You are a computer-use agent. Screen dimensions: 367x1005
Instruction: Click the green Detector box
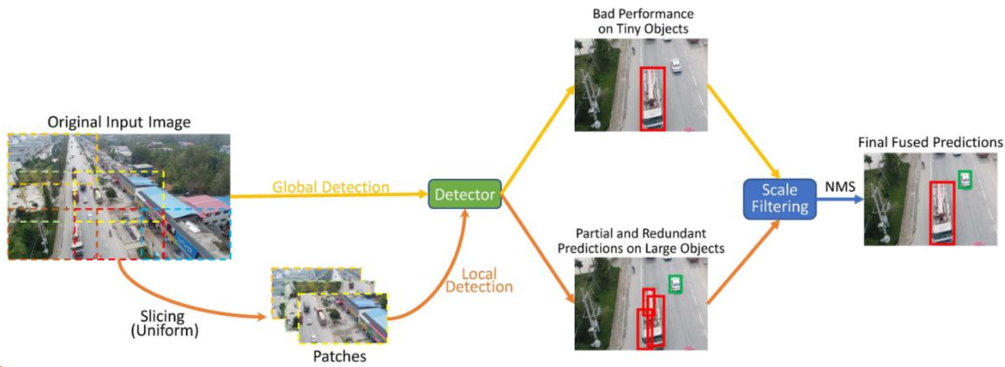pyautogui.click(x=465, y=194)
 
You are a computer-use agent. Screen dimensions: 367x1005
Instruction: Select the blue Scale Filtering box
pyautogui.click(x=779, y=199)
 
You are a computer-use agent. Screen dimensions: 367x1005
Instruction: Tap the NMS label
pyautogui.click(x=840, y=187)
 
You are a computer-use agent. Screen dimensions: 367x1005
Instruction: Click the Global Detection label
pyautogui.click(x=330, y=187)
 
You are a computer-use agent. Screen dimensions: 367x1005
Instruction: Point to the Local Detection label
pyautogui.click(x=479, y=280)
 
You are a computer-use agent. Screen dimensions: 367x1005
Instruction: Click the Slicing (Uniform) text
pyautogui.click(x=164, y=323)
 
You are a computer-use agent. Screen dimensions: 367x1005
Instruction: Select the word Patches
pyautogui.click(x=340, y=356)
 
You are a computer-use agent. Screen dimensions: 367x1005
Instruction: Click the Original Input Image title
pyautogui.click(x=119, y=122)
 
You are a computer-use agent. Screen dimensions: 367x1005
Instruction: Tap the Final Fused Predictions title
pyautogui.click(x=930, y=142)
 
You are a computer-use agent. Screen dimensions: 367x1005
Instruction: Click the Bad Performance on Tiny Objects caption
pyautogui.click(x=643, y=22)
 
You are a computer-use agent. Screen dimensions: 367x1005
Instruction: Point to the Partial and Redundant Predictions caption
pyautogui.click(x=641, y=241)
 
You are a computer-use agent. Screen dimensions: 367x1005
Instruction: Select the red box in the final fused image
pyautogui.click(x=942, y=213)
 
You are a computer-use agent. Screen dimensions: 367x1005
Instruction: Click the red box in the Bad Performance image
pyautogui.click(x=653, y=98)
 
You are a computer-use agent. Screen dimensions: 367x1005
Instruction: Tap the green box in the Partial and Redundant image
pyautogui.click(x=675, y=284)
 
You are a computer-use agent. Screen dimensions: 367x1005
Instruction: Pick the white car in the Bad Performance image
pyautogui.click(x=675, y=65)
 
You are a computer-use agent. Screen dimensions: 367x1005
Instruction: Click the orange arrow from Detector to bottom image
pyautogui.click(x=538, y=250)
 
